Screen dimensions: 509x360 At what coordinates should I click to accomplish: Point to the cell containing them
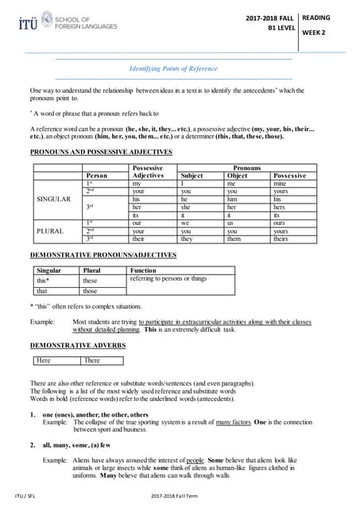234,238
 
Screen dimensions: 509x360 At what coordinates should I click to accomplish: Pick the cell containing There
92,360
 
